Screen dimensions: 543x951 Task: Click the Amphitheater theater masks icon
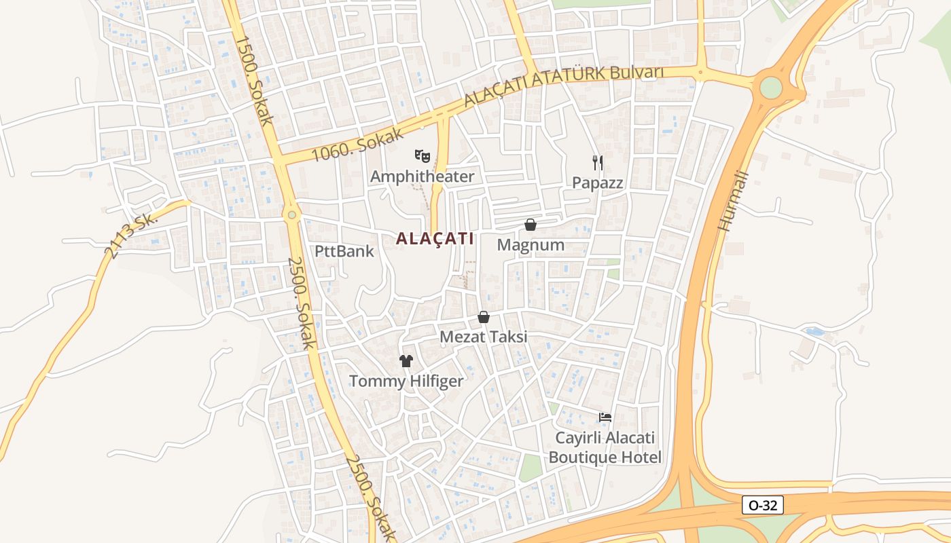tap(423, 157)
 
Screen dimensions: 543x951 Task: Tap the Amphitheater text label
tap(422, 176)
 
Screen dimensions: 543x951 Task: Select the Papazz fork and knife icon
tap(598, 162)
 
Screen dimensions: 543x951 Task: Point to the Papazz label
tap(598, 183)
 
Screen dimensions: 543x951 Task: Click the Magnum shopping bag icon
tap(531, 225)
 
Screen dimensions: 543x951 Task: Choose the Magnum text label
tap(531, 244)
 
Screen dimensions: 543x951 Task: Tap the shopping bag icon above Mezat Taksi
tap(484, 317)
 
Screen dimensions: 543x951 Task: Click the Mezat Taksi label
tap(484, 337)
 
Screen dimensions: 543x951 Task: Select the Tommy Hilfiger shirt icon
tap(406, 361)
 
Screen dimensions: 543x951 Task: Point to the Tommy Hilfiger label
tap(406, 381)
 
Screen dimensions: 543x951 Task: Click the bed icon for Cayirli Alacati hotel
tap(605, 417)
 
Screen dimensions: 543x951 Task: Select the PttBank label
tap(344, 251)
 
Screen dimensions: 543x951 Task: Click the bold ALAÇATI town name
tap(435, 238)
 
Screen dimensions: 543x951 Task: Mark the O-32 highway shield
tap(763, 505)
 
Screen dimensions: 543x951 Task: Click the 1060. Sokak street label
tap(348, 143)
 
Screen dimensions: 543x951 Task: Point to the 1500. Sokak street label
tap(254, 80)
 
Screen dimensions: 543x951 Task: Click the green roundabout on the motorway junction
tap(771, 88)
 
